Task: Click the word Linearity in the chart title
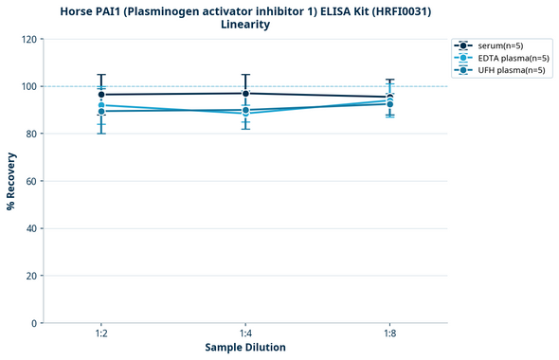click(x=244, y=25)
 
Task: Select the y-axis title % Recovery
click(x=11, y=180)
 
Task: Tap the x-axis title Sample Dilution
click(x=245, y=348)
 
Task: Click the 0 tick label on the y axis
click(x=34, y=323)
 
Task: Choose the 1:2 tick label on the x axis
click(x=101, y=333)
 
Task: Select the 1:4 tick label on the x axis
click(x=245, y=333)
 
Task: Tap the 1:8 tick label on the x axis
click(x=390, y=333)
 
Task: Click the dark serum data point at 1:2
click(x=101, y=95)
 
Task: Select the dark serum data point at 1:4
click(x=245, y=93)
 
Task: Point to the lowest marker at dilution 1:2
click(x=101, y=112)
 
